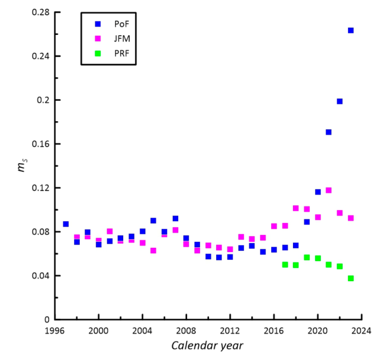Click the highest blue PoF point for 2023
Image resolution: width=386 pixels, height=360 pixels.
[351, 30]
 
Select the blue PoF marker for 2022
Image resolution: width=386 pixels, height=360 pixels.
[339, 101]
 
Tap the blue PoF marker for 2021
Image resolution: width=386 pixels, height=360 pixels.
[328, 132]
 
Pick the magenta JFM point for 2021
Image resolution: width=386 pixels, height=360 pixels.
[328, 190]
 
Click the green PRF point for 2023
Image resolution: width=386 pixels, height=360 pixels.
[351, 278]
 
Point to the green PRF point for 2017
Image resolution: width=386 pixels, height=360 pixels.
[285, 265]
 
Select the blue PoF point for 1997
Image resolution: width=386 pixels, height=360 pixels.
[66, 224]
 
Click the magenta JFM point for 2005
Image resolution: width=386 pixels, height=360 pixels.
[153, 250]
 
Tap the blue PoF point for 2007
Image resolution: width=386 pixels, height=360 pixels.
[176, 218]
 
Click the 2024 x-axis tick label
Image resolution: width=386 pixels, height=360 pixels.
[362, 331]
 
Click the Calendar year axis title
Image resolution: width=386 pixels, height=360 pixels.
[207, 346]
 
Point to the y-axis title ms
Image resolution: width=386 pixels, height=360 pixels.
[21, 168]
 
